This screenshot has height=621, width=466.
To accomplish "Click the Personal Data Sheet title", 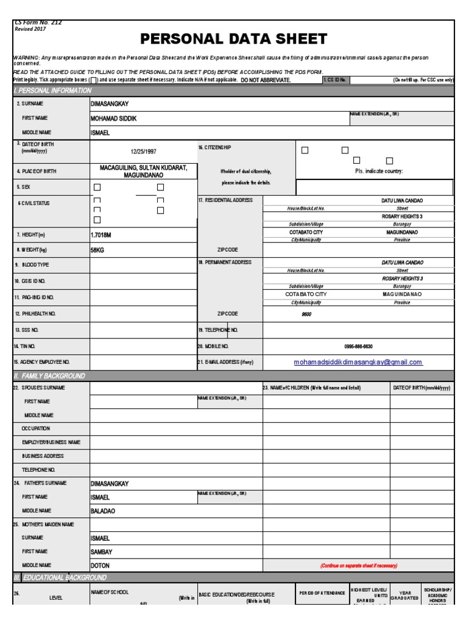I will click(234, 39).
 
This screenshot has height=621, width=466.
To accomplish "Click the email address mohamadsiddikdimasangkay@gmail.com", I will click(358, 362).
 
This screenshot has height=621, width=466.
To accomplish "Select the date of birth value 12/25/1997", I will click(143, 152).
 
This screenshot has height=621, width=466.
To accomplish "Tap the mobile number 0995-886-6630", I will click(358, 346).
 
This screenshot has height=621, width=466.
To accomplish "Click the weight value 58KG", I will click(97, 249).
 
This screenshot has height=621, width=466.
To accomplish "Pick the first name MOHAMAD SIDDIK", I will click(113, 118).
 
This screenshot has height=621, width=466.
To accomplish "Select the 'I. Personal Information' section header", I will click(53, 91).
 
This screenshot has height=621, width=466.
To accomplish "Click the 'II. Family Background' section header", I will click(49, 376).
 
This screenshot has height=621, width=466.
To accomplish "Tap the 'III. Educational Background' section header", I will click(60, 577).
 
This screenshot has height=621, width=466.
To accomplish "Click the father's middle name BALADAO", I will click(103, 511).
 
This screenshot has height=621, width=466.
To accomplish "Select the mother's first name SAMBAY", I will click(101, 552).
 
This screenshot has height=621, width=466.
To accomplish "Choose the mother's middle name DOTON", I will click(100, 566).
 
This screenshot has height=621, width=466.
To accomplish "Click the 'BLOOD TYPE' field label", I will click(35, 265).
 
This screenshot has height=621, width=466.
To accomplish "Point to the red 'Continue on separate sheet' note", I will click(359, 566).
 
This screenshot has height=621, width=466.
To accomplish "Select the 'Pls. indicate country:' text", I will click(379, 172).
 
